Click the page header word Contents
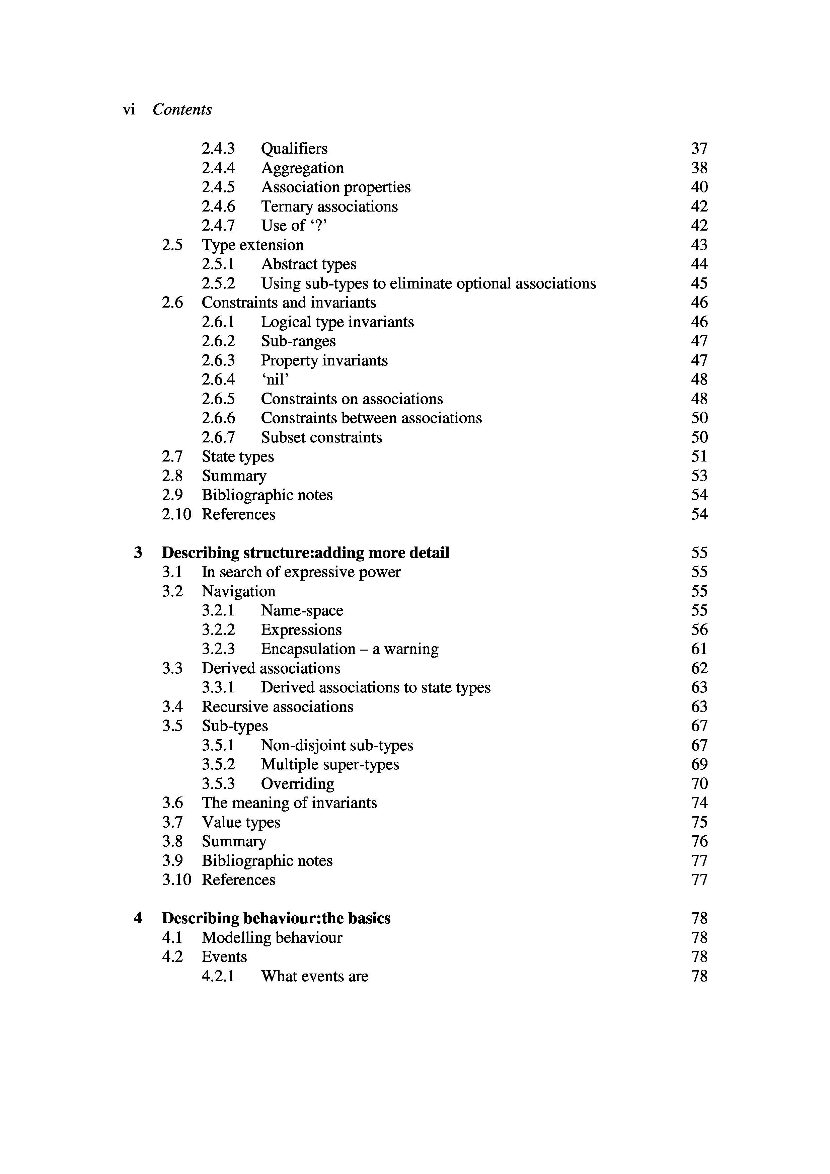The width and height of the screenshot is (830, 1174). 182,109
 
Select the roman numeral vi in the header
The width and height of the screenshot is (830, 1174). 129,109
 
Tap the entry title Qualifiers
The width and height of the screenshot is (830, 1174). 294,149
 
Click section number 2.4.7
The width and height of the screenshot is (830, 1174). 218,226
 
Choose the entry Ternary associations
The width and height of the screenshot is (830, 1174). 329,206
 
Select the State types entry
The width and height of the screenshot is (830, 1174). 238,456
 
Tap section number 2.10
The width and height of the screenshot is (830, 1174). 176,514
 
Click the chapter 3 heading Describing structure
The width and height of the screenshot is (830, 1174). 305,553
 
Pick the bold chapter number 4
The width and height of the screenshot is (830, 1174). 138,918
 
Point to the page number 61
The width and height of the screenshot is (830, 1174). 699,649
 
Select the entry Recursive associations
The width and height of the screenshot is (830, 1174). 278,707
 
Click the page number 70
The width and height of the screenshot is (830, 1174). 699,784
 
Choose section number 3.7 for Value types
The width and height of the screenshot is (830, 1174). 172,822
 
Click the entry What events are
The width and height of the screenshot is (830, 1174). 314,976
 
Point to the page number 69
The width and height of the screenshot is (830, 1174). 699,764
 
